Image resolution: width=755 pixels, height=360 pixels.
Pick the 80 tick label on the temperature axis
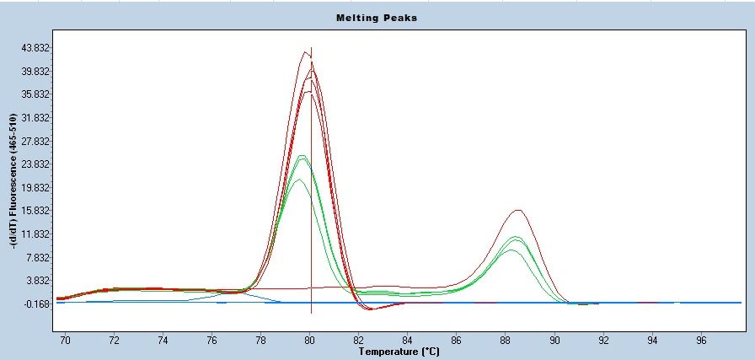pos(310,340)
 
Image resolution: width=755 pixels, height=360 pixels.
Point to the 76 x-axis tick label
pos(212,340)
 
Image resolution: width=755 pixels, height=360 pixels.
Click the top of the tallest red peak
pos(305,52)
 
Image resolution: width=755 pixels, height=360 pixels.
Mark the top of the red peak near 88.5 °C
pos(518,210)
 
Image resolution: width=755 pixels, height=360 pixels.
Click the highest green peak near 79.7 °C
pos(302,155)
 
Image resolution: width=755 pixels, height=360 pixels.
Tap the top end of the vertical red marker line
pos(312,48)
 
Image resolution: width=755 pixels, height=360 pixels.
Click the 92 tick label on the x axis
pos(604,340)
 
